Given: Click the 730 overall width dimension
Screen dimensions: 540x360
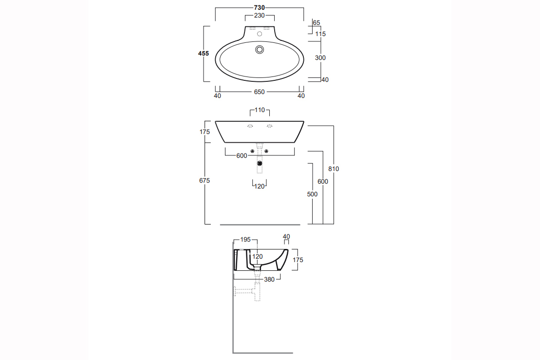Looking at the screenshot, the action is (x=260, y=8).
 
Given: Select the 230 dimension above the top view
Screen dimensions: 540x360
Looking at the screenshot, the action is (x=260, y=16).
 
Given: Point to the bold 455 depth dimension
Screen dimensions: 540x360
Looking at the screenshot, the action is (x=204, y=54).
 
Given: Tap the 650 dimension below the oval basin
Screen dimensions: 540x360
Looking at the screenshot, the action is (x=260, y=92).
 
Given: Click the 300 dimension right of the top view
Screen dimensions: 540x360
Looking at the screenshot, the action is (x=320, y=58).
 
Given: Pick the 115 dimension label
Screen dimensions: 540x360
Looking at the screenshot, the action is (x=320, y=34).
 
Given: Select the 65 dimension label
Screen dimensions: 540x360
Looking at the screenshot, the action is (x=317, y=23).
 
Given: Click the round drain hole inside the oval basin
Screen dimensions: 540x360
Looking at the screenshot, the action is (x=260, y=50).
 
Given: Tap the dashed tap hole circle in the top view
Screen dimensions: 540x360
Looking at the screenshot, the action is (x=260, y=34).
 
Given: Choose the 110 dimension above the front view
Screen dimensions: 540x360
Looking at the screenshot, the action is (x=260, y=110).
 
